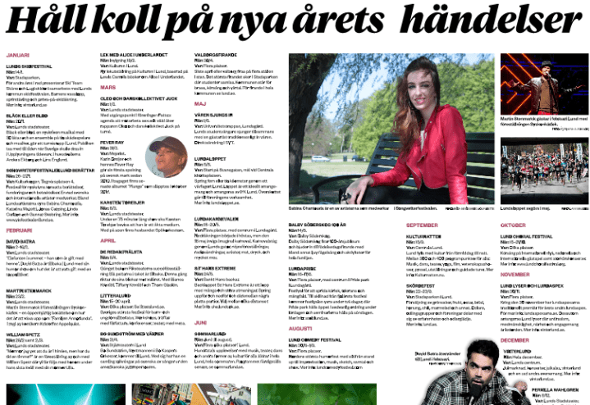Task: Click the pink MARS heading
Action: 107,86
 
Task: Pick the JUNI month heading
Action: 200,322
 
